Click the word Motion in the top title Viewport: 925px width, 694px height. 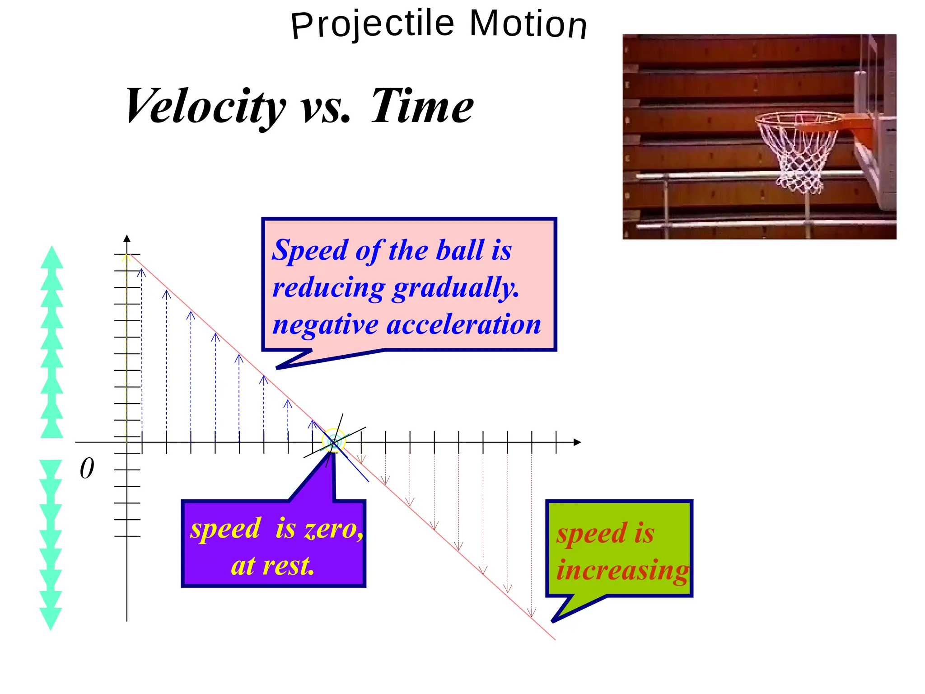pos(528,24)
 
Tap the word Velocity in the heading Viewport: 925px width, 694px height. pos(206,107)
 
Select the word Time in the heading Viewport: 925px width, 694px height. pos(422,107)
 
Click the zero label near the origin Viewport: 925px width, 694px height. pos(87,469)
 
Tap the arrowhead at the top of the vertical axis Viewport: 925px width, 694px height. pos(127,239)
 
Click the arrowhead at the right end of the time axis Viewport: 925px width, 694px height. pos(577,442)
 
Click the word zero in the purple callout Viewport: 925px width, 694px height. pos(333,529)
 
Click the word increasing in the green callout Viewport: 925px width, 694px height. pos(622,570)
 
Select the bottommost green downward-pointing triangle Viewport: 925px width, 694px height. pos(51,619)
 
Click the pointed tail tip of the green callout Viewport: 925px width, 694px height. pos(553,621)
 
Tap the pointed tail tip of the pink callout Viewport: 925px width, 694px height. pos(277,368)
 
